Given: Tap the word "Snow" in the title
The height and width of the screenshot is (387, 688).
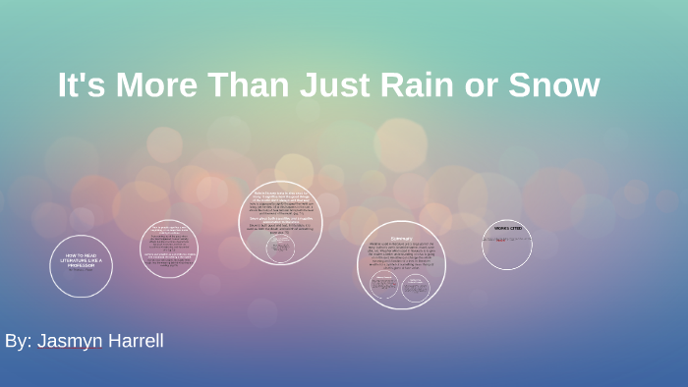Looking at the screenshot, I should [553, 85].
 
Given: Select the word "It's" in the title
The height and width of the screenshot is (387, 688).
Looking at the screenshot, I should [82, 85].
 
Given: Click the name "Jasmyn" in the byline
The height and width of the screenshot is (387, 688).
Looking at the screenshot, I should [69, 341].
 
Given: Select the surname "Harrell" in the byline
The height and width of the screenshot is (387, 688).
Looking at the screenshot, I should [134, 341].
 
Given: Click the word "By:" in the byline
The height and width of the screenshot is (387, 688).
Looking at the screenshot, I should [18, 341].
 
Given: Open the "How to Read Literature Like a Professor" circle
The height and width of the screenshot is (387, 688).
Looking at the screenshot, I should [82, 265].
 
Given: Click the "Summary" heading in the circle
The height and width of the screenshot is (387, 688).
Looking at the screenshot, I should [401, 239].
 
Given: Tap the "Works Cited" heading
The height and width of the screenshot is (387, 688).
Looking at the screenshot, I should [507, 229].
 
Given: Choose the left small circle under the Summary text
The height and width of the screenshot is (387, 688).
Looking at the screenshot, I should [383, 286].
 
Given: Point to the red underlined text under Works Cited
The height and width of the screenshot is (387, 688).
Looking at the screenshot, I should [500, 239].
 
